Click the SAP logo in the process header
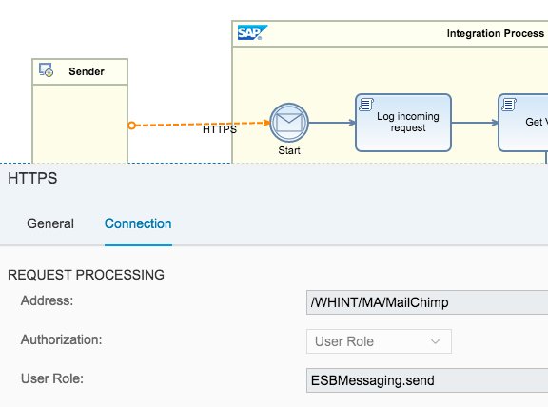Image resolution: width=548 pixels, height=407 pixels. (x=252, y=33)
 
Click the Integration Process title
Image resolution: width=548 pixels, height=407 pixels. (x=496, y=34)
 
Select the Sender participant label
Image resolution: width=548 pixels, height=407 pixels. (x=87, y=71)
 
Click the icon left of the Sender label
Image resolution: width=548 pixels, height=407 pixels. (x=46, y=71)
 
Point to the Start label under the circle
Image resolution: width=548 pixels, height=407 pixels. (x=289, y=150)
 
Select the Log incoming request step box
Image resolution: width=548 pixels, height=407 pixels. (x=403, y=122)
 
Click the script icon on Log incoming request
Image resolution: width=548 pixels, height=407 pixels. (x=365, y=103)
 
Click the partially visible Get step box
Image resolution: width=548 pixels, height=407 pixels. (x=523, y=122)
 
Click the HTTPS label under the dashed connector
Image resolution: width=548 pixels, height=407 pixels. (x=220, y=130)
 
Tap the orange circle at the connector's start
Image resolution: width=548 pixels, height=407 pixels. (x=132, y=125)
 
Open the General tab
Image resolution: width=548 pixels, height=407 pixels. (x=50, y=223)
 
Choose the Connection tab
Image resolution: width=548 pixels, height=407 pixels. (x=138, y=223)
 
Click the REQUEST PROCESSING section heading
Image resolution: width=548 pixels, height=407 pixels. (x=86, y=275)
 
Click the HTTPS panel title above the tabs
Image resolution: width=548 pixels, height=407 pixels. (x=33, y=178)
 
